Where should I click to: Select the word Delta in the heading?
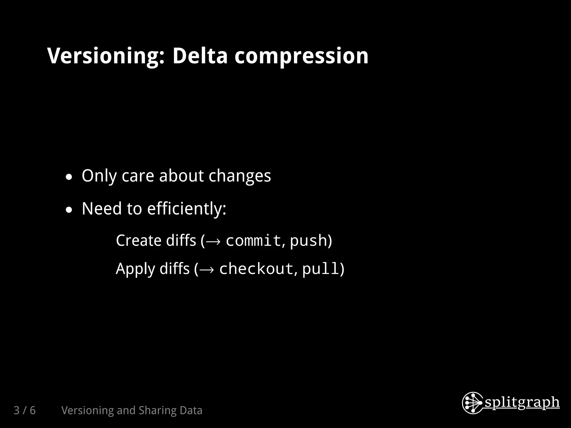click(200, 56)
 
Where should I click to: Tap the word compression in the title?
click(301, 56)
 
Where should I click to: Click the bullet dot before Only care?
click(69, 177)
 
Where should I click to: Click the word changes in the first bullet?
click(239, 176)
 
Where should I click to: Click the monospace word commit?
click(253, 240)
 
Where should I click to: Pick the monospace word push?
click(308, 240)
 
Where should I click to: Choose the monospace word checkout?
click(256, 269)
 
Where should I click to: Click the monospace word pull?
click(320, 269)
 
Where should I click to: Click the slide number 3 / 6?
click(25, 410)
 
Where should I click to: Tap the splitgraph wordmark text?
click(522, 403)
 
